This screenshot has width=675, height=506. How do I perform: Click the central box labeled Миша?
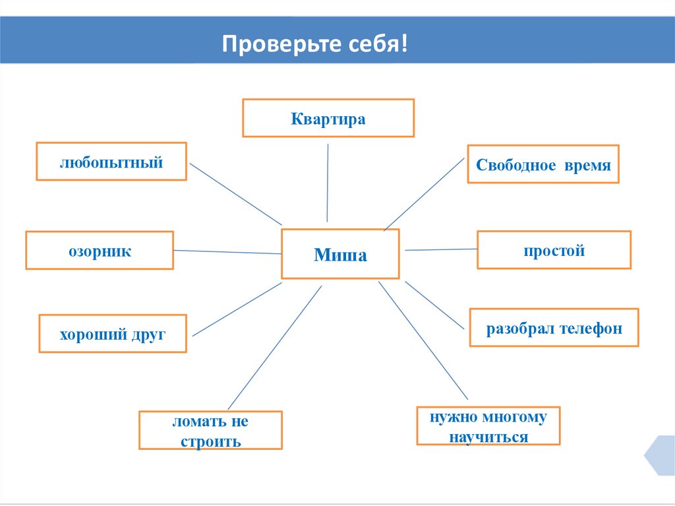340,254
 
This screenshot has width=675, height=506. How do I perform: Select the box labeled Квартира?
328,118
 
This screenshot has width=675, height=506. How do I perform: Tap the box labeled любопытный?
111,161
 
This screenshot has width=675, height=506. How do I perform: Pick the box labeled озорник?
100,250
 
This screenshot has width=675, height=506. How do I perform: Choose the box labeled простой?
554,249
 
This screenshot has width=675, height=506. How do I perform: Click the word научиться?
488,436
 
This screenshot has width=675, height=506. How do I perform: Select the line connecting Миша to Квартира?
328,185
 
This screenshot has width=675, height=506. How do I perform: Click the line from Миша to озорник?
227,251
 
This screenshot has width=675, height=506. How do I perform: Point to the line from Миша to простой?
440,249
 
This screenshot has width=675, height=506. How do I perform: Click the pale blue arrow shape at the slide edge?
661,455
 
